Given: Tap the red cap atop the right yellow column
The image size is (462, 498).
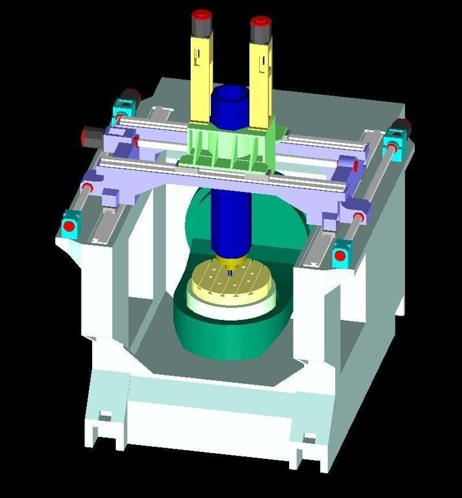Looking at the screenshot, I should click(x=260, y=24).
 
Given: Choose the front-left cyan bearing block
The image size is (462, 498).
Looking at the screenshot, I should click(x=70, y=224).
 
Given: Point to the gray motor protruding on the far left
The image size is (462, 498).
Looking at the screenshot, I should click(x=93, y=133).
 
